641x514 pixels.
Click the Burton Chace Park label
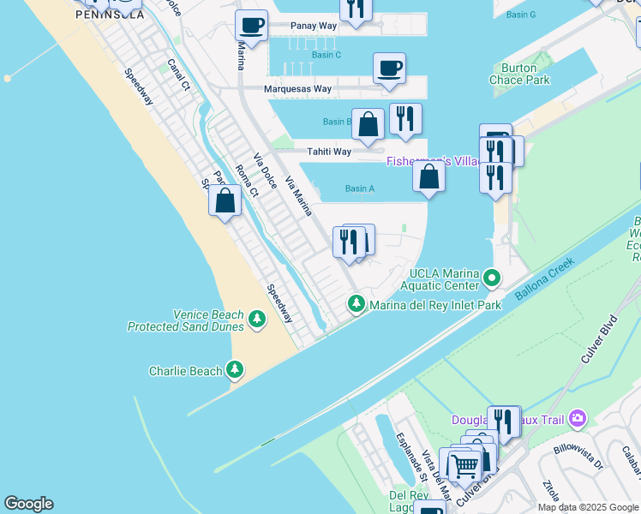[519, 74]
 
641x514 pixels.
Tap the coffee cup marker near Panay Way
[251, 26]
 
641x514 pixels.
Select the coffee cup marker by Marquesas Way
[389, 69]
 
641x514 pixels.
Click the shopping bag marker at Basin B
[368, 125]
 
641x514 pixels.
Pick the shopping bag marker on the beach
[225, 201]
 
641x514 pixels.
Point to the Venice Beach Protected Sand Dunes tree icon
[256, 320]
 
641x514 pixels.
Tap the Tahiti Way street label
[330, 152]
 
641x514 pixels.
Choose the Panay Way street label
[314, 26]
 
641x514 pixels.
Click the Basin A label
[360, 188]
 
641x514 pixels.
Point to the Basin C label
[326, 55]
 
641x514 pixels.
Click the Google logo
[28, 504]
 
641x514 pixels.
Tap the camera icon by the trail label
[578, 418]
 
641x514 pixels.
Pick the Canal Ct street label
[178, 74]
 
